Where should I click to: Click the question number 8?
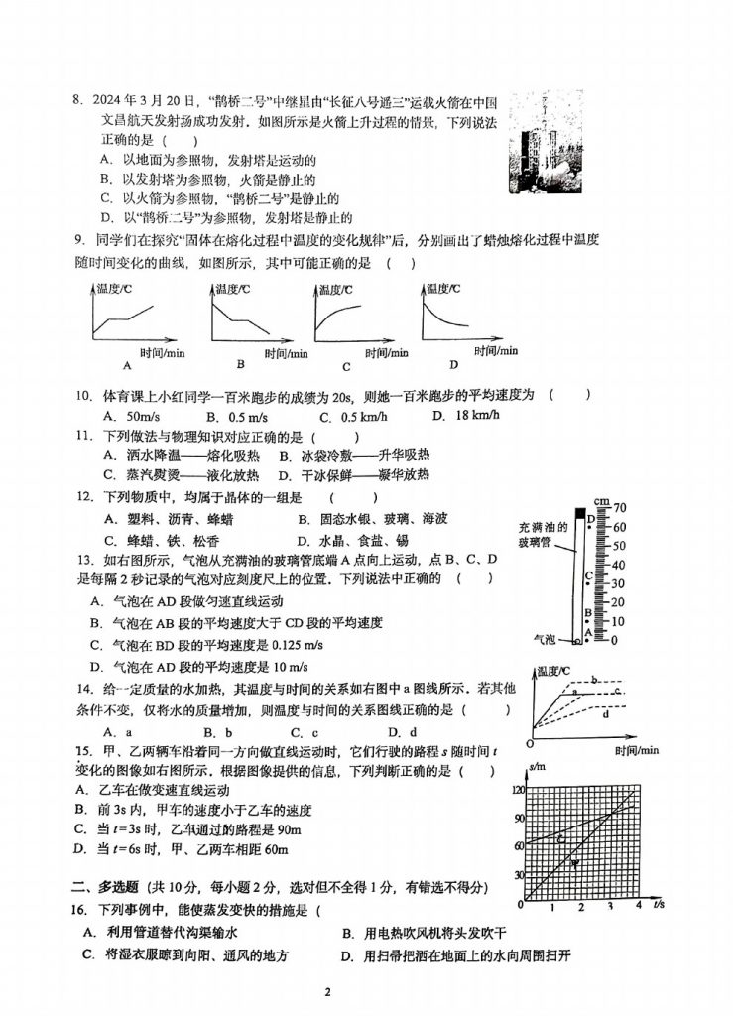pyautogui.click(x=73, y=101)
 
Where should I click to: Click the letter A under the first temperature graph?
pyautogui.click(x=126, y=364)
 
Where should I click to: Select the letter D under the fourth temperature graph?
pyautogui.click(x=453, y=363)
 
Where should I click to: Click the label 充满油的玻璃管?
pyautogui.click(x=542, y=534)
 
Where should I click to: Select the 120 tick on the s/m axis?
pyautogui.click(x=518, y=790)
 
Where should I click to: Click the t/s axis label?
pyautogui.click(x=658, y=904)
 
